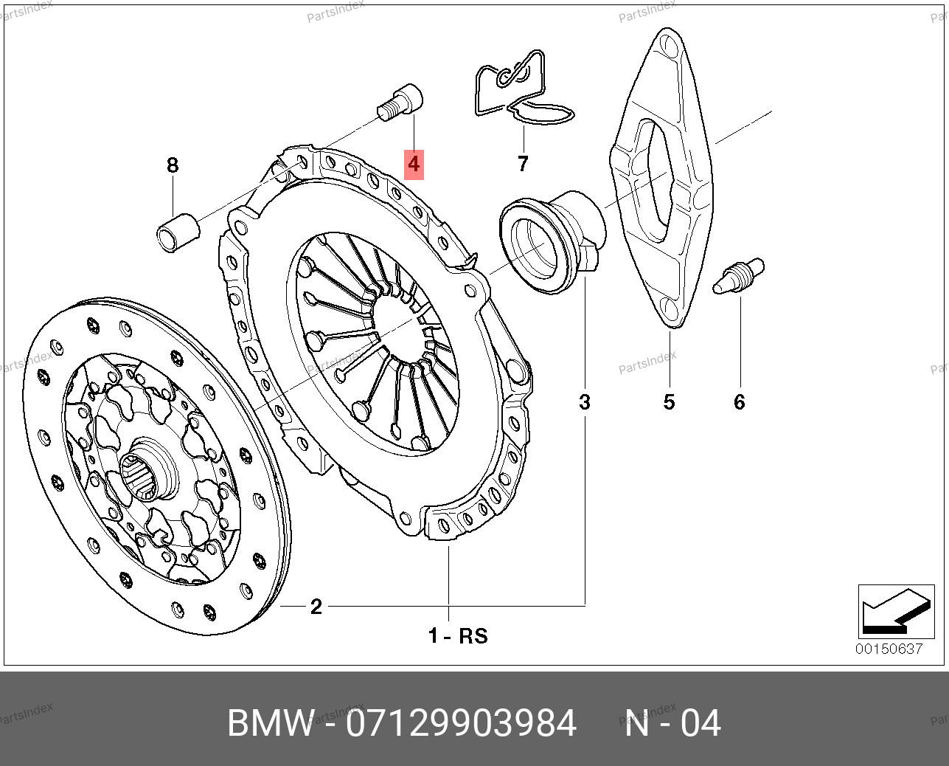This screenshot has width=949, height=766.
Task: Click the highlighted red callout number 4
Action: pyautogui.click(x=414, y=163)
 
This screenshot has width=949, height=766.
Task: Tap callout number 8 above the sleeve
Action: pyautogui.click(x=173, y=165)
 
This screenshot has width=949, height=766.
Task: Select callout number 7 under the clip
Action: pyautogui.click(x=523, y=163)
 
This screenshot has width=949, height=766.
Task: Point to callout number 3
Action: pyautogui.click(x=585, y=402)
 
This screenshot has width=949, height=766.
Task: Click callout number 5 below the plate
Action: pyautogui.click(x=669, y=402)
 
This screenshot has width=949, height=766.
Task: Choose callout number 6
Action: pyautogui.click(x=739, y=402)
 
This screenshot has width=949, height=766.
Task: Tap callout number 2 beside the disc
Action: pyautogui.click(x=316, y=607)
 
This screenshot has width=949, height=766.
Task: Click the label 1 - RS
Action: pyautogui.click(x=458, y=635)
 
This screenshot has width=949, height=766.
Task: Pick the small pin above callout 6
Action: pyautogui.click(x=739, y=275)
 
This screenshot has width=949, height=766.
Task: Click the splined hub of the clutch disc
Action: pyautogui.click(x=145, y=472)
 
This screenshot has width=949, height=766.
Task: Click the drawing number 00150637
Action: pyautogui.click(x=889, y=649)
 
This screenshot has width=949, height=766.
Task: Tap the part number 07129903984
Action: pyautogui.click(x=461, y=723)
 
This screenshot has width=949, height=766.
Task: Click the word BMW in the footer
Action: pyautogui.click(x=270, y=723)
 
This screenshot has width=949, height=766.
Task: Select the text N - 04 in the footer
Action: pyautogui.click(x=672, y=723)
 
